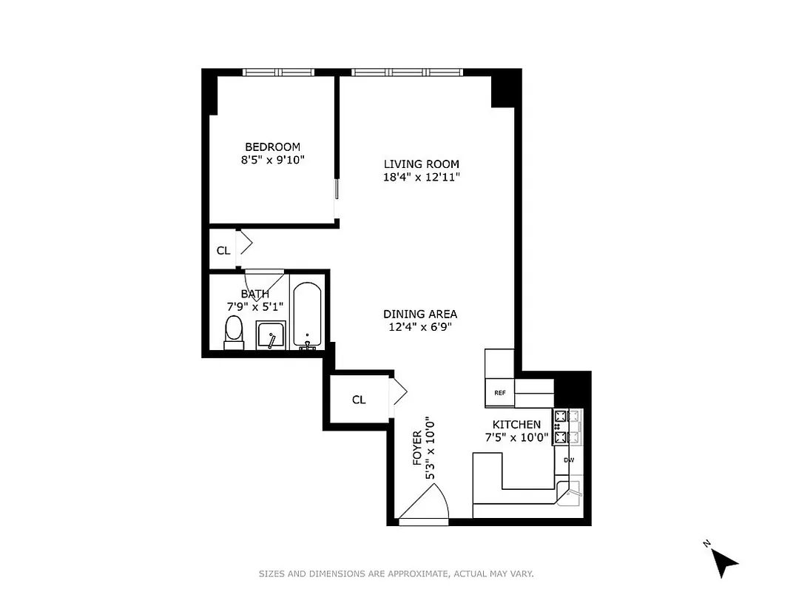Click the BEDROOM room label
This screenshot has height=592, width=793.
click(272, 147)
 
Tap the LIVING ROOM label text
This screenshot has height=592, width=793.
click(421, 164)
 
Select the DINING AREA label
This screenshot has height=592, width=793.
click(420, 313)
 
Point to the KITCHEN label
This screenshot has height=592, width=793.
click(516, 424)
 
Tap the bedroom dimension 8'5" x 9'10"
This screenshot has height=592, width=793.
click(272, 160)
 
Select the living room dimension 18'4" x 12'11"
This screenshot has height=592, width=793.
click(421, 177)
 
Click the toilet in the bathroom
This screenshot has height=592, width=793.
click(234, 332)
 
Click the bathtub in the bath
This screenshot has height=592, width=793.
click(306, 314)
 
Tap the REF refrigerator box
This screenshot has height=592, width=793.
click(500, 393)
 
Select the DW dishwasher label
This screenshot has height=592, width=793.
click(568, 460)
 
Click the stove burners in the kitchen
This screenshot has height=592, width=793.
click(561, 427)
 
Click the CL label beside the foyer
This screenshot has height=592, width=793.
click(359, 400)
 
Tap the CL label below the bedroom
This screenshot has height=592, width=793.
click(223, 251)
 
